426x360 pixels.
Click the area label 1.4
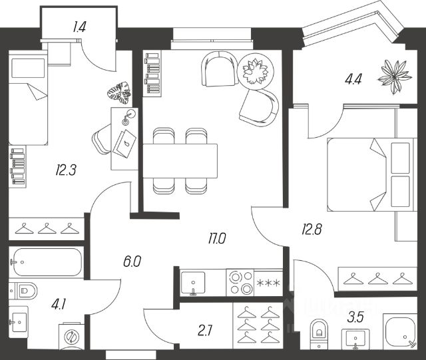tap(79, 27)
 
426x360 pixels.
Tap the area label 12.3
tap(67, 170)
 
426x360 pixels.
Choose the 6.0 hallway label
tap(132, 262)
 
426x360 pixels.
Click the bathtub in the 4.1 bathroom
tap(46, 262)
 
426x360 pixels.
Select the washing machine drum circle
tap(73, 337)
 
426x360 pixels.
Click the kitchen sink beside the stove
tap(194, 281)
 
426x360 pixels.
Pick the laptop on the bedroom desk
tap(125, 142)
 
